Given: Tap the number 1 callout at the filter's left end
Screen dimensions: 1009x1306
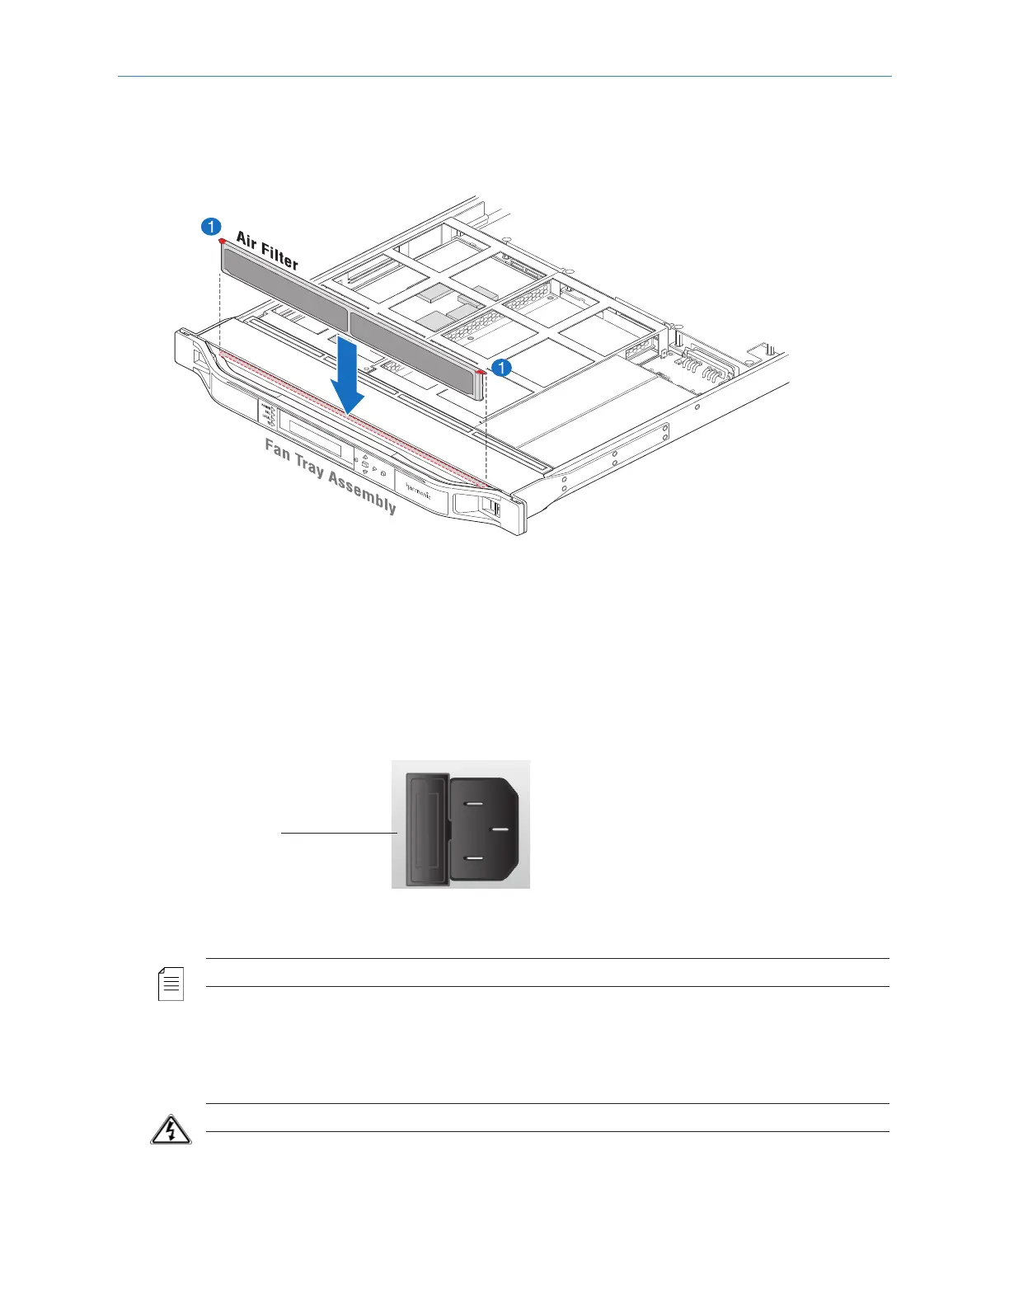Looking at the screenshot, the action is coord(211,226).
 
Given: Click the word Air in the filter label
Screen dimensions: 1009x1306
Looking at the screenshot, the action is coord(249,242).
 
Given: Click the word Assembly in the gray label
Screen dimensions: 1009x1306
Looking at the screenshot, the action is coord(363,492).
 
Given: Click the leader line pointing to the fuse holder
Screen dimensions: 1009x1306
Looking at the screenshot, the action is coord(338,834).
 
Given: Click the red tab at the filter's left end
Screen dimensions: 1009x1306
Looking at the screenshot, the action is coord(222,242).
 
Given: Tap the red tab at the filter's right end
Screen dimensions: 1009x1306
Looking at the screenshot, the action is coord(482,373).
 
